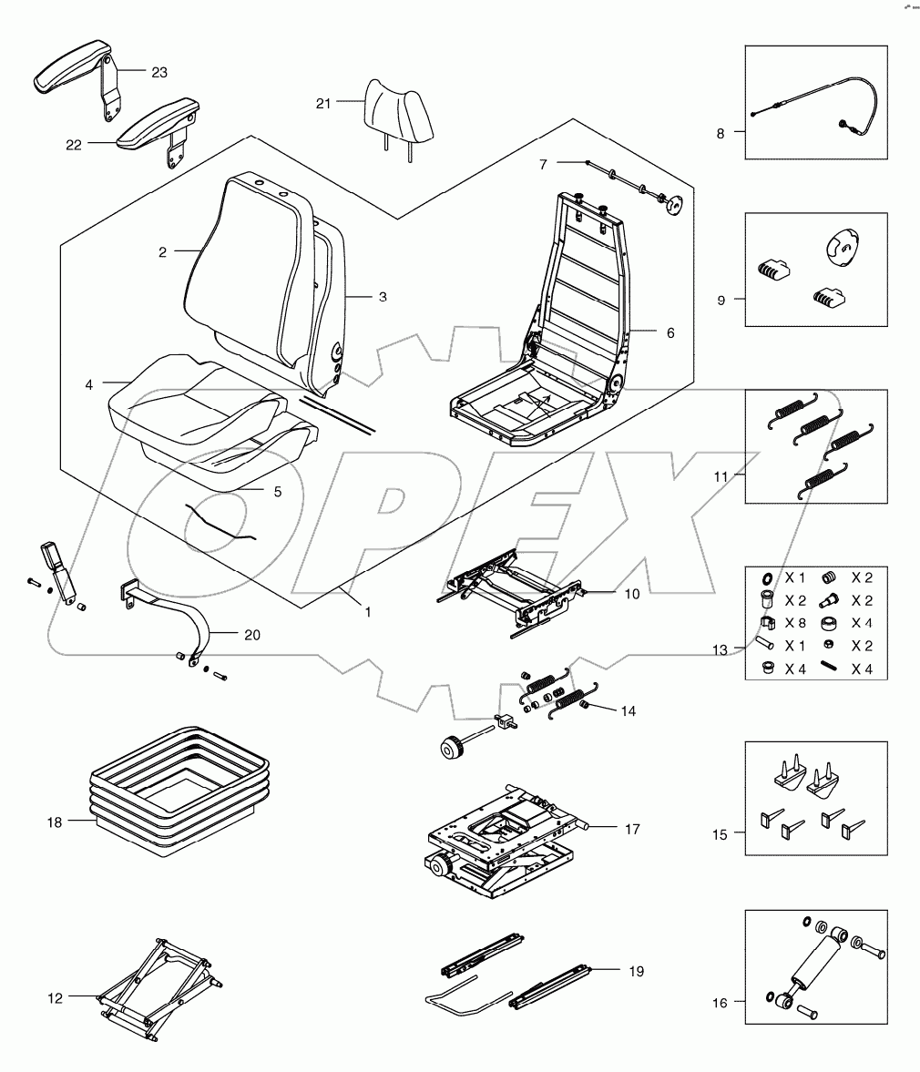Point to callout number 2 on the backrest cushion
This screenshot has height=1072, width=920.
tap(162, 252)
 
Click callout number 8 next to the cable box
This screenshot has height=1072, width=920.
tap(720, 133)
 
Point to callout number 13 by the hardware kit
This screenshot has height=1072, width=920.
tap(721, 649)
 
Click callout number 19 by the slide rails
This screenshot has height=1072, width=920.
tap(636, 971)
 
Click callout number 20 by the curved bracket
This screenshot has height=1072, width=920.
tap(252, 635)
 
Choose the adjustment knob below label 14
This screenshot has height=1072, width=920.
tap(449, 748)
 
